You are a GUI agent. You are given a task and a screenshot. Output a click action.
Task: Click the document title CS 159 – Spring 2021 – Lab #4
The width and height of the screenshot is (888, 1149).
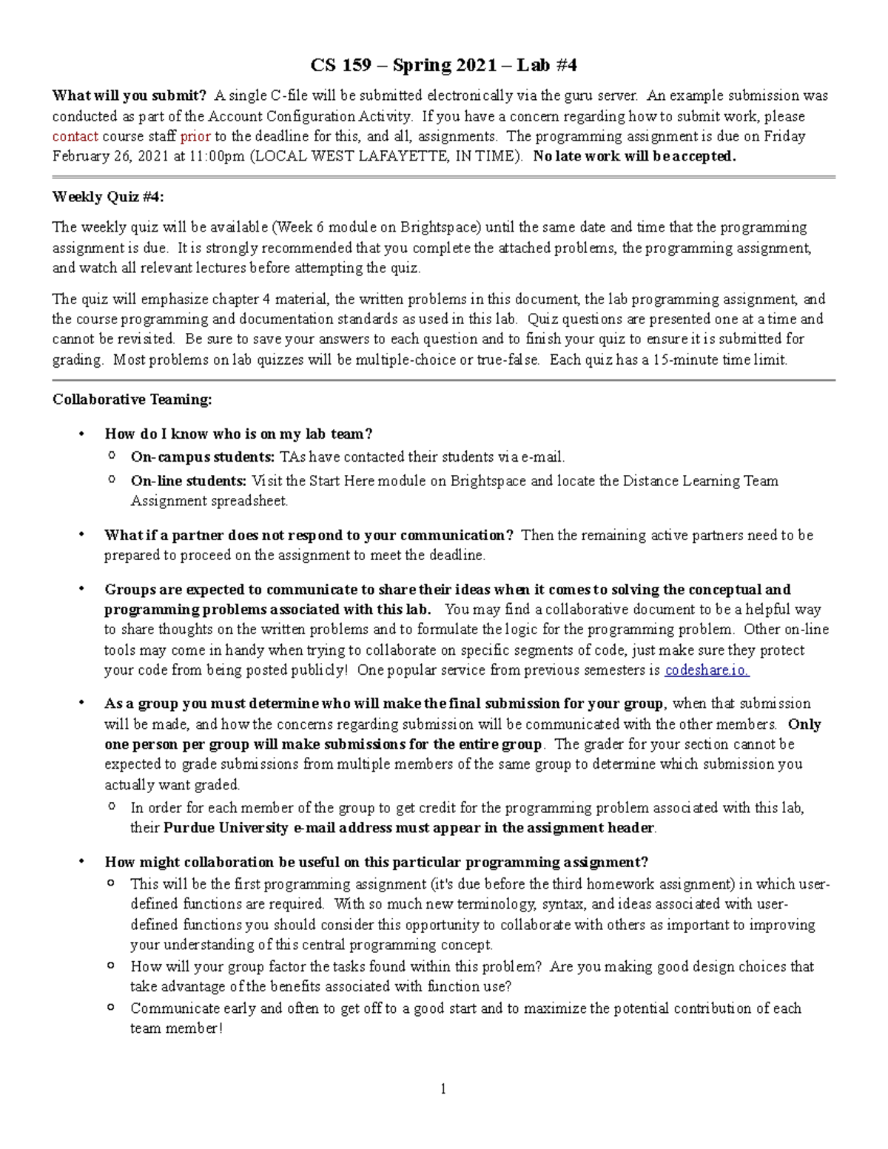click(443, 66)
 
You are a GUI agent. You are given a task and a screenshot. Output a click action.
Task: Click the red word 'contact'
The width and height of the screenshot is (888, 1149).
click(75, 136)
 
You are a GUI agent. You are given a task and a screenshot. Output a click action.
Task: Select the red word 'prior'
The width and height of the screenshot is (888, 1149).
click(195, 136)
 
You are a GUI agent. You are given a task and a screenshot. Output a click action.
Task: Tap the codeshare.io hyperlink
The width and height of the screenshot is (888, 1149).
click(707, 670)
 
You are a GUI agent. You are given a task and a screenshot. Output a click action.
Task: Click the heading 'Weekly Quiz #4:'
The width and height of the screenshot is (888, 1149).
click(108, 197)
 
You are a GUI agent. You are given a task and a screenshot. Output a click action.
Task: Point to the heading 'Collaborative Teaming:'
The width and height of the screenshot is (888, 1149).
click(132, 400)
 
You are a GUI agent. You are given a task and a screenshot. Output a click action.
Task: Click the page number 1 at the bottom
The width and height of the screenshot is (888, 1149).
click(443, 1088)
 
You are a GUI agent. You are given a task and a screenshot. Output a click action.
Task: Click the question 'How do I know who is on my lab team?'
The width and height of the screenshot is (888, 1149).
click(238, 434)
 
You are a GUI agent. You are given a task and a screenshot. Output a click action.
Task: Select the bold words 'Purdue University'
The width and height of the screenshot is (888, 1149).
click(226, 828)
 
